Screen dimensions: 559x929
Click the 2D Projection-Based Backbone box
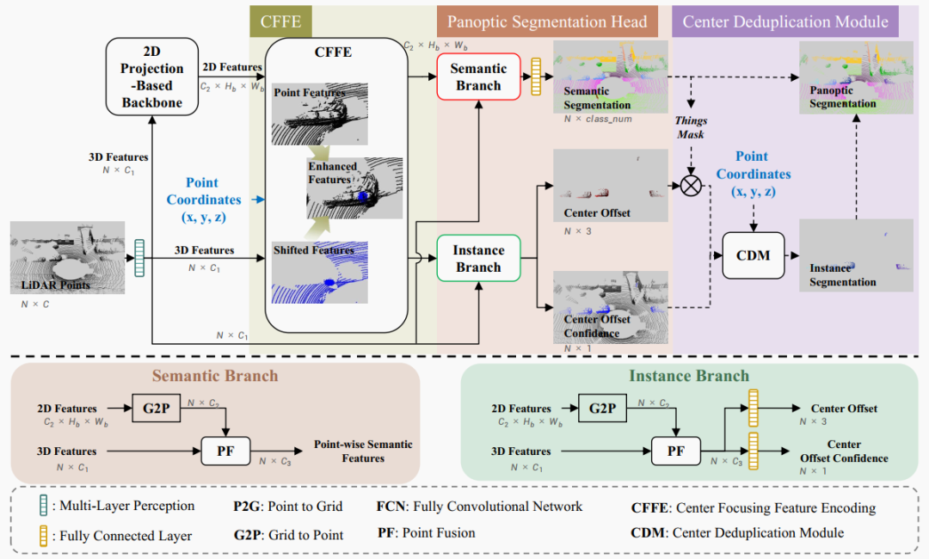click(151, 77)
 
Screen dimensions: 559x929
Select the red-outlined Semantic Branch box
click(478, 77)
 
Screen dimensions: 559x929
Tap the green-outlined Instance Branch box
click(478, 258)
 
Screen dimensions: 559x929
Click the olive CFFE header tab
click(280, 21)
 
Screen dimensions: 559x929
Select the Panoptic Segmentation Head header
click(547, 21)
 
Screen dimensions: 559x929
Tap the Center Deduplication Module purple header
click(785, 21)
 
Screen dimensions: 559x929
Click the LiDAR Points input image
click(67, 258)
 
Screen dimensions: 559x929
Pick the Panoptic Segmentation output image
click(854, 77)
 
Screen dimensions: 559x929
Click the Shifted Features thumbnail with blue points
click(320, 271)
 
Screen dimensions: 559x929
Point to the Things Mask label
click(690, 128)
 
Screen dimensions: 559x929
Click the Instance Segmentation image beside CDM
click(854, 255)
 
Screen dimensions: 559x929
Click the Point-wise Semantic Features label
click(363, 451)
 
